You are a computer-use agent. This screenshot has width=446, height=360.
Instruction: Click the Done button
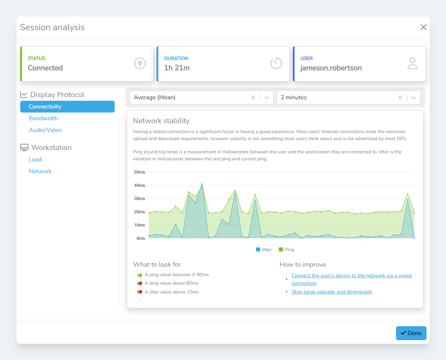[411, 333]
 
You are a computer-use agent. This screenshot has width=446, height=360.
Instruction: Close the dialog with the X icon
[423, 27]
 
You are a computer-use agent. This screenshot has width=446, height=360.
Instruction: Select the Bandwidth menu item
[43, 118]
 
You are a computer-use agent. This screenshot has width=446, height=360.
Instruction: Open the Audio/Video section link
[45, 130]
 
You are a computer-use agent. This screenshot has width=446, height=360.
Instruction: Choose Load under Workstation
[35, 160]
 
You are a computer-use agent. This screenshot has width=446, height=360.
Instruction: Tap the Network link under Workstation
[40, 171]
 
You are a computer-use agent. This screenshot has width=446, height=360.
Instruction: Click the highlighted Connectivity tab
[67, 107]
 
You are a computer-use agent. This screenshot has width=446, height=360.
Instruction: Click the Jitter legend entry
[264, 250]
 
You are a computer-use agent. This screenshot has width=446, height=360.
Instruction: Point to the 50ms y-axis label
[140, 172]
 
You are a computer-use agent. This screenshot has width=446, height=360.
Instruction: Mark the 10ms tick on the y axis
[140, 225]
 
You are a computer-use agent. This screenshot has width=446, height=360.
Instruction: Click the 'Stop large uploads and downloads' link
[332, 292]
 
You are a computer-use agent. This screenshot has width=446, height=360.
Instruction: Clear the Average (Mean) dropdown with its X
[253, 97]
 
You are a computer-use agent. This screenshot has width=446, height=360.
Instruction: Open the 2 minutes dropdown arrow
[414, 97]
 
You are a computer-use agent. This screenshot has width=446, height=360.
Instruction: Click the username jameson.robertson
[331, 68]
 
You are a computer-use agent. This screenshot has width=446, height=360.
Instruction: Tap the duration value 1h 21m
[177, 68]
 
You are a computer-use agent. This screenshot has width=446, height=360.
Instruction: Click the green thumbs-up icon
[140, 275]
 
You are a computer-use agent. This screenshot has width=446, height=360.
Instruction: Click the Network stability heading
[161, 121]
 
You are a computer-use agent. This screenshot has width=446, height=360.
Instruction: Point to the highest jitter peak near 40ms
[202, 185]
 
